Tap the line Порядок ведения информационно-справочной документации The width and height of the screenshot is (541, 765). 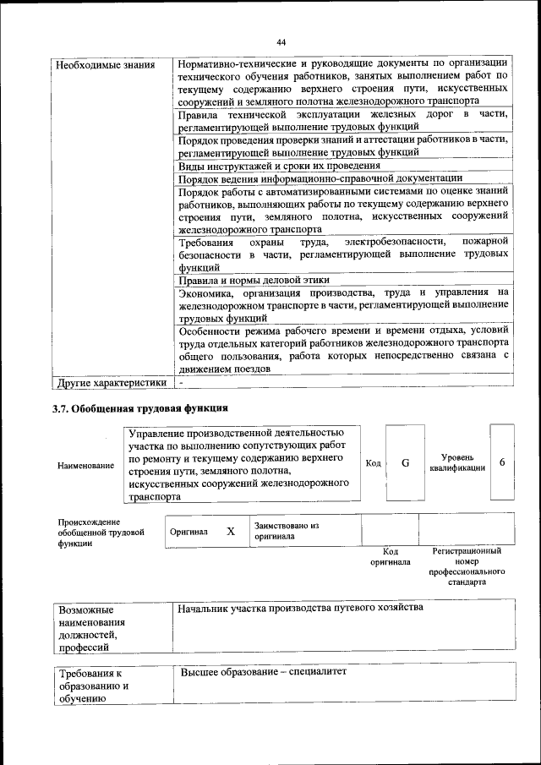(320, 178)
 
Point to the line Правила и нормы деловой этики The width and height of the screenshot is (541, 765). (254, 281)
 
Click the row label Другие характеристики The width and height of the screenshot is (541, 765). (111, 382)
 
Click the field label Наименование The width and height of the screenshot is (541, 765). (85, 466)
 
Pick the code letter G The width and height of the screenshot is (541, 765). (405, 463)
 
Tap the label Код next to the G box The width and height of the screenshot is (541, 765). (372, 463)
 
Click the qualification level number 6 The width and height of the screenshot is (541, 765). (502, 463)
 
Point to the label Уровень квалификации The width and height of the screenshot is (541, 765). (456, 462)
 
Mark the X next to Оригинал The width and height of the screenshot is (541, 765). (230, 532)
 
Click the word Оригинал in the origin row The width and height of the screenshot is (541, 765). (189, 533)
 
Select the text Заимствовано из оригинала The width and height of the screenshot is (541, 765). (286, 531)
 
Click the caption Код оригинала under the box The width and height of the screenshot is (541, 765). (390, 556)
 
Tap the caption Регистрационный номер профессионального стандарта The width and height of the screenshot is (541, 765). (466, 566)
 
